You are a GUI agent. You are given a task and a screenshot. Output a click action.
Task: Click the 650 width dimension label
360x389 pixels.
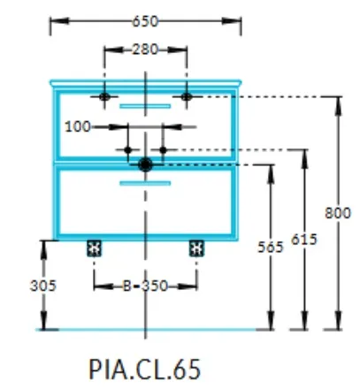[x=145, y=22]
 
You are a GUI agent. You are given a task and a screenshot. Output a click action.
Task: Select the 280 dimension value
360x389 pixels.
[x=145, y=50]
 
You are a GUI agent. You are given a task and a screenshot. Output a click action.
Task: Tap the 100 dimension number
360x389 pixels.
[x=78, y=127]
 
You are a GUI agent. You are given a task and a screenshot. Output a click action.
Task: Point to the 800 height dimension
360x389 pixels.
[x=338, y=213]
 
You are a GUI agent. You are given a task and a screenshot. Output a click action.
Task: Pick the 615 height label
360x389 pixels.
[x=304, y=240]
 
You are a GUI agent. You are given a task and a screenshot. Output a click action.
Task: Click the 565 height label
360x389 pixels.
[x=271, y=247]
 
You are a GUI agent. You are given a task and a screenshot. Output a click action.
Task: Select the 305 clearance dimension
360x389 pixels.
[x=43, y=286]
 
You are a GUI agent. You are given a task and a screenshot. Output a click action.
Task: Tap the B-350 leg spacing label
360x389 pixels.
[x=145, y=286]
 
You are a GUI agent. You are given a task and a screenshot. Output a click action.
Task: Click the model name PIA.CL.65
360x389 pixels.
[x=144, y=369]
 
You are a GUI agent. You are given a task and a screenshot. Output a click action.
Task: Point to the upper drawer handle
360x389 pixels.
[x=145, y=106]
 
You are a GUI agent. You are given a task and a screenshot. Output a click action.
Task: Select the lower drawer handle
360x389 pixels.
[x=145, y=183]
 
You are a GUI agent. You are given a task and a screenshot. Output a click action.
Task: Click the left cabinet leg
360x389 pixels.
[x=94, y=248]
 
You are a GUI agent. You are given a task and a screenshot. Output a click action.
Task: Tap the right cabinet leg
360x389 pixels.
[x=196, y=248]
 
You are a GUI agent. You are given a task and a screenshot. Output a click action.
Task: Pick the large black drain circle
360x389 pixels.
[x=145, y=164]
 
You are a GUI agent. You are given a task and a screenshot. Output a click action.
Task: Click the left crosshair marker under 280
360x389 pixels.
[x=104, y=96]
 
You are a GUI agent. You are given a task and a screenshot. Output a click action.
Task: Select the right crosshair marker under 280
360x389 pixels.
[x=187, y=96]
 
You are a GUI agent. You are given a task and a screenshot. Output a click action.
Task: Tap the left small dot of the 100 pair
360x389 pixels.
[x=127, y=150]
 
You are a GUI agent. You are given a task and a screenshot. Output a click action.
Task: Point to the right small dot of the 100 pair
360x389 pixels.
[x=163, y=150]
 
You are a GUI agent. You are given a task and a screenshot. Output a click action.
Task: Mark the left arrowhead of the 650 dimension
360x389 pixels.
[x=59, y=21]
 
